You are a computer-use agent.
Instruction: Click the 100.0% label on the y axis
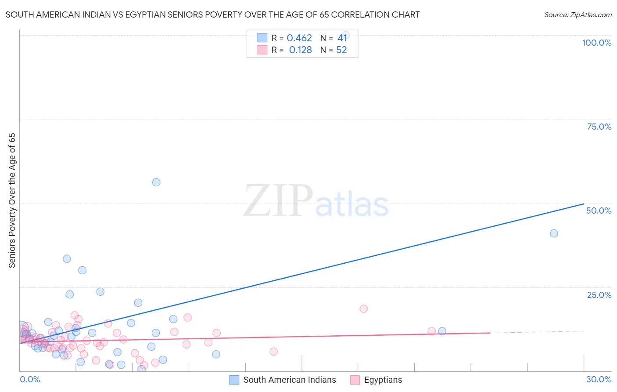[x=596, y=43]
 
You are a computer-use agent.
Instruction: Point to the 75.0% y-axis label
[x=599, y=127]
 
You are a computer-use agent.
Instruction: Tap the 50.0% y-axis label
[x=599, y=211]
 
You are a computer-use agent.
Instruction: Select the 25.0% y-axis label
[x=599, y=295]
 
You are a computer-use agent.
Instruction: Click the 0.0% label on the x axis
[x=30, y=379]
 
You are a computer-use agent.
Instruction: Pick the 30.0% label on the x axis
[x=599, y=379]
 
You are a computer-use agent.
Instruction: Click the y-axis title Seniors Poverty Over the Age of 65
[x=12, y=200]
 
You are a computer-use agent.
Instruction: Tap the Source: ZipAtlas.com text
[x=578, y=15]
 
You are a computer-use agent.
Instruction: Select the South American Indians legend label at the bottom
[x=289, y=380]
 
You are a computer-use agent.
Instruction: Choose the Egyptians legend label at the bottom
[x=383, y=380]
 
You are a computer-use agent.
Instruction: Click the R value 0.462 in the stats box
[x=299, y=38]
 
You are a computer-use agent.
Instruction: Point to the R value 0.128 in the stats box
[x=300, y=50]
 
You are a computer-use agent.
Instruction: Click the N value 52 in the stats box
[x=341, y=50]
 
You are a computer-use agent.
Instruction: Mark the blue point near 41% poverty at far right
[x=554, y=233]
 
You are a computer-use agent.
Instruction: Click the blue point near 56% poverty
[x=156, y=182]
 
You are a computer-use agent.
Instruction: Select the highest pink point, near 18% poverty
[x=363, y=309]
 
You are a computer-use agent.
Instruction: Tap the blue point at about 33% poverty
[x=67, y=259]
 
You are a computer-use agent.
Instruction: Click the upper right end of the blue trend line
[x=583, y=204]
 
